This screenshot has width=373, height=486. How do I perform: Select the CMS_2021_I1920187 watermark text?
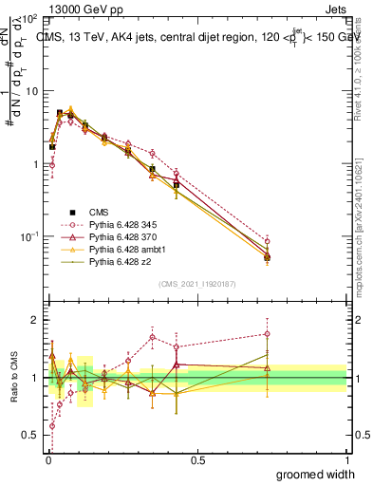[196, 284]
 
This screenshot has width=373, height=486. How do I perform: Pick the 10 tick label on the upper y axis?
[33, 91]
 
